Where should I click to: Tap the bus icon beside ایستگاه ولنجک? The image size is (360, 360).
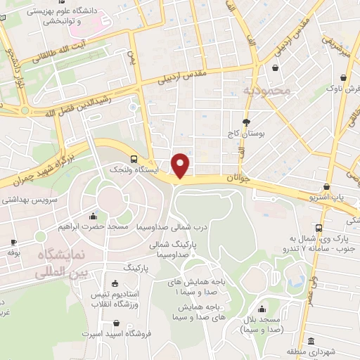coord(134,158)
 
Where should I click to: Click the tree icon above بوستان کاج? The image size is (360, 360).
coord(245,121)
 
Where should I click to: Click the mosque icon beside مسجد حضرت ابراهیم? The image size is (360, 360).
coord(94,216)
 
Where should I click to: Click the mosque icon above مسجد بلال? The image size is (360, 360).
coord(262,309)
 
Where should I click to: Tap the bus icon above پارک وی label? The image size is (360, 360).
coord(320,229)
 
